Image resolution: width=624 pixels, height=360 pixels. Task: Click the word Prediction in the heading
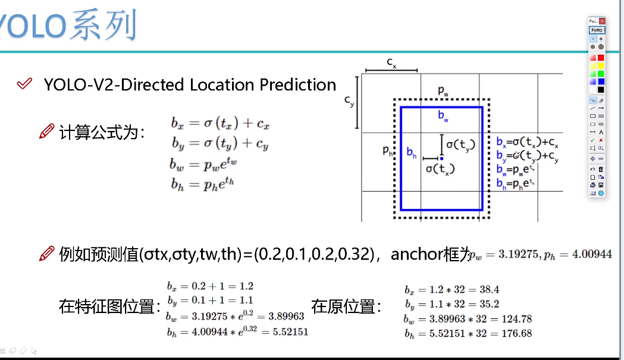(x=298, y=84)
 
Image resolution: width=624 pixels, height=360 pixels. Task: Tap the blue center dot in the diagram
(x=441, y=158)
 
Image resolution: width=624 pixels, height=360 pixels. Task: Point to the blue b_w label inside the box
(x=443, y=115)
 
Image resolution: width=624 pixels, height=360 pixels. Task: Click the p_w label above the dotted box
(x=443, y=90)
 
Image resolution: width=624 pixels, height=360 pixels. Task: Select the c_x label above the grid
(x=391, y=62)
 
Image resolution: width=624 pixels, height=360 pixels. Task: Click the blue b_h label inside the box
(x=411, y=153)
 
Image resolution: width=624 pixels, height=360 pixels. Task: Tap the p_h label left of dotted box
(x=388, y=151)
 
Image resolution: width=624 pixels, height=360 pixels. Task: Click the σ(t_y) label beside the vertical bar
(x=462, y=144)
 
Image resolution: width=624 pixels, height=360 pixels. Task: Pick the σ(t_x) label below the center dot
(x=441, y=169)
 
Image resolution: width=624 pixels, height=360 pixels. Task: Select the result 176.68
(x=518, y=333)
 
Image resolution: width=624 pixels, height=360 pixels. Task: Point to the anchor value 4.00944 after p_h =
(x=591, y=254)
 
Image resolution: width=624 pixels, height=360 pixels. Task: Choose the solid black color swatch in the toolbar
(x=601, y=90)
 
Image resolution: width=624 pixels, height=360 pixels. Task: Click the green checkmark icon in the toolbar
(x=592, y=140)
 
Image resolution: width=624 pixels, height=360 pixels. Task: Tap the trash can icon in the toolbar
(x=601, y=169)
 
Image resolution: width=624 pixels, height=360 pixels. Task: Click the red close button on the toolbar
(x=602, y=21)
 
